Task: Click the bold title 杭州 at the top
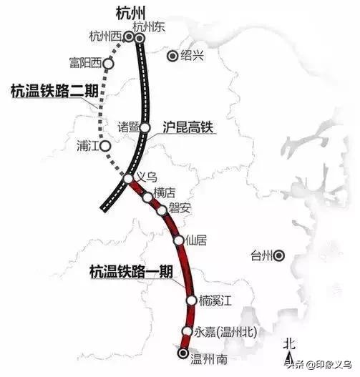pos(131,14)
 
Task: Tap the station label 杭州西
pos(104,36)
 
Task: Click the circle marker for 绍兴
pos(172,55)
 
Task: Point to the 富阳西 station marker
pos(108,64)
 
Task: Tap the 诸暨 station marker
pos(145,127)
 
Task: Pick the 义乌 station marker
pos(128,179)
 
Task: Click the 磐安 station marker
pos(162,209)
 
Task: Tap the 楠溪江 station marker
pos(191,301)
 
